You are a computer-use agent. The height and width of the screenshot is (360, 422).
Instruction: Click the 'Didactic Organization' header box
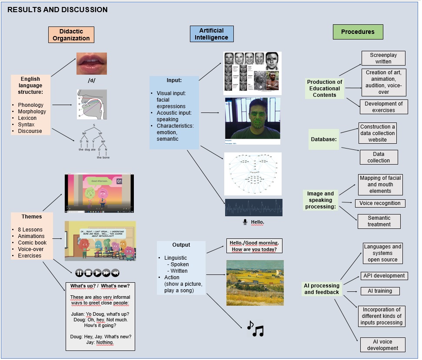(71, 35)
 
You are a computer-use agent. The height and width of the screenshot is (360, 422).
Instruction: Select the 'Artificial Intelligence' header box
(212, 34)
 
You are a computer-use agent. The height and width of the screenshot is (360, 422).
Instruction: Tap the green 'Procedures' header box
(358, 32)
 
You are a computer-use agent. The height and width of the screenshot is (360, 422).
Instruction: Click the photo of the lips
(92, 63)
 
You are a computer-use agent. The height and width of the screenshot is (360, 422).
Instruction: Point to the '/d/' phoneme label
(92, 81)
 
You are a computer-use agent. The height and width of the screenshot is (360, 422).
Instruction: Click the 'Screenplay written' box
(383, 58)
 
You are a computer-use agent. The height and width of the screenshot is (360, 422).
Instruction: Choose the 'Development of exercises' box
(383, 107)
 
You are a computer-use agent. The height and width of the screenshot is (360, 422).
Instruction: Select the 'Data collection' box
(379, 157)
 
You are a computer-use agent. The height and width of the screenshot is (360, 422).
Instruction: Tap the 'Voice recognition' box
(380, 203)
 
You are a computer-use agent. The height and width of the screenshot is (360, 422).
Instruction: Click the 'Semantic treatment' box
(379, 221)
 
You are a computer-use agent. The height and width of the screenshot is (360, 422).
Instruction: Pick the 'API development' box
(383, 276)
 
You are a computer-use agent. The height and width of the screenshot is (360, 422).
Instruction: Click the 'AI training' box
(379, 291)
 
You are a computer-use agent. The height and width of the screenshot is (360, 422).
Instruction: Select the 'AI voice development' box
(382, 345)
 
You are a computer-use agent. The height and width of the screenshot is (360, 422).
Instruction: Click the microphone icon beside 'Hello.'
(245, 222)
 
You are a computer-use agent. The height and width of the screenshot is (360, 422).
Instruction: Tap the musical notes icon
(255, 329)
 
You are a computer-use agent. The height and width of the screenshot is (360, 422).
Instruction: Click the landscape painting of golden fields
(255, 277)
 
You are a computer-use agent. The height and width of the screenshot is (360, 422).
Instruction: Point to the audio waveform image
(253, 208)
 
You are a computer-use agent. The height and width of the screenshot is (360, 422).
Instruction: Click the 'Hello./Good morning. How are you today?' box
(255, 246)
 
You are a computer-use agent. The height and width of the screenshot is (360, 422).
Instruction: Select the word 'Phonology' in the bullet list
(31, 105)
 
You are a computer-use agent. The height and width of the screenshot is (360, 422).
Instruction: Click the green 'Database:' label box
(324, 140)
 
